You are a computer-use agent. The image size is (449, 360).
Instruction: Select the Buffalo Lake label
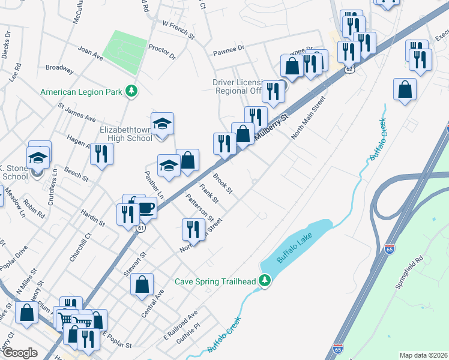tap(295, 248)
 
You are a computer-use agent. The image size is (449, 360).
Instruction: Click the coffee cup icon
tap(146, 208)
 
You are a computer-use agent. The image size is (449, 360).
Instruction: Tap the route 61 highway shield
tap(140, 228)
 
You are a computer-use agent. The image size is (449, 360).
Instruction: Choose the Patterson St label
tap(199, 206)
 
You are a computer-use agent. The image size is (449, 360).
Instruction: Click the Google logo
tap(20, 353)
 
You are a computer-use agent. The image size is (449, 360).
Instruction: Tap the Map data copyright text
tap(423, 355)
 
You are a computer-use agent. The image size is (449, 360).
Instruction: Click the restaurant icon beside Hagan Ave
tap(101, 154)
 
